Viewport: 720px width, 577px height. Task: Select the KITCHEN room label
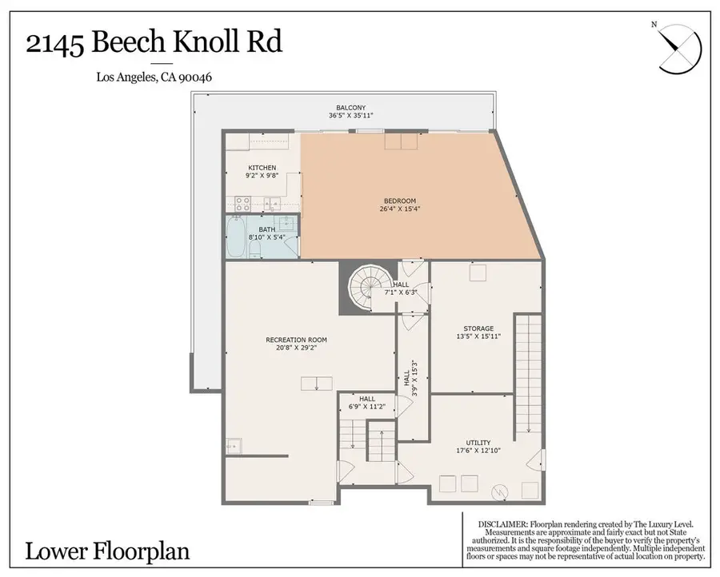[262, 168]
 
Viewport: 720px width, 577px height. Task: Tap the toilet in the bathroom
[256, 249]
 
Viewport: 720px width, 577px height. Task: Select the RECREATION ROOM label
[296, 340]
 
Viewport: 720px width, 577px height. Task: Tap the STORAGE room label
[478, 328]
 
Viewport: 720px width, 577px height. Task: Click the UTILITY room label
[478, 443]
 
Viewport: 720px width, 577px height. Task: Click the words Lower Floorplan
[107, 551]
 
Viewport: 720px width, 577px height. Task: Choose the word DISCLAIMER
[505, 523]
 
